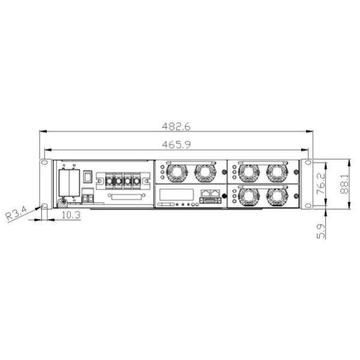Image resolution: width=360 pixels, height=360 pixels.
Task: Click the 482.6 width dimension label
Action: [176, 127]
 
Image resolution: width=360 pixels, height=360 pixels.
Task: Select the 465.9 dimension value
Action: [176, 145]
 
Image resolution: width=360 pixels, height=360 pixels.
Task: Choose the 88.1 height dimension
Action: [345, 184]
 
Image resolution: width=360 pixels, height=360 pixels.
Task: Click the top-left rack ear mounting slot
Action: [44, 163]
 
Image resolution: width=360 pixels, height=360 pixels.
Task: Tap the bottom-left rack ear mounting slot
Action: [44, 206]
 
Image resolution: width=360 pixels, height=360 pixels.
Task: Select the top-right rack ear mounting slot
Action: [308, 163]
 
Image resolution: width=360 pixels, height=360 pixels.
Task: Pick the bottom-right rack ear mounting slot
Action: [308, 206]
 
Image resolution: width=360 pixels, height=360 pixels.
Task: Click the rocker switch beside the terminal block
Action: [88, 177]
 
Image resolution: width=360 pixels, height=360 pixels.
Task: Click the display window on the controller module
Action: [176, 194]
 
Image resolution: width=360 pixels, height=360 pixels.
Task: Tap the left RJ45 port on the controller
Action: [205, 193]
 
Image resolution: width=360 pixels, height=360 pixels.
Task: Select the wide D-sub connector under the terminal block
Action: [127, 196]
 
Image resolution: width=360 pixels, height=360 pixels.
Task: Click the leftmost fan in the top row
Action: [176, 172]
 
